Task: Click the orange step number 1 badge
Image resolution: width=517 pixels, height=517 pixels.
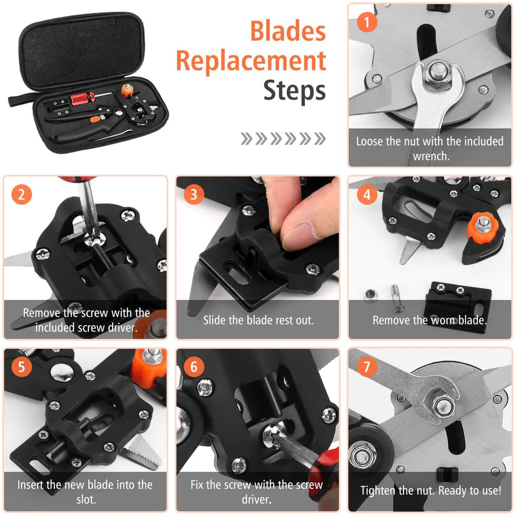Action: (x=367, y=23)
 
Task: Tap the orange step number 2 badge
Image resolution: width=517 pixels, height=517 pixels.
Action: (x=21, y=194)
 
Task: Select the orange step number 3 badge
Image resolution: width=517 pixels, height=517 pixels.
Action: (x=194, y=194)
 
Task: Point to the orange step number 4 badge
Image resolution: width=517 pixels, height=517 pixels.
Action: (x=367, y=195)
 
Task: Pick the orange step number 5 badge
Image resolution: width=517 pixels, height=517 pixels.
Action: (x=21, y=366)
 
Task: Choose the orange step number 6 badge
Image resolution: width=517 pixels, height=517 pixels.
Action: (x=194, y=367)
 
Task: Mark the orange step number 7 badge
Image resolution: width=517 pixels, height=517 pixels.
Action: (x=367, y=367)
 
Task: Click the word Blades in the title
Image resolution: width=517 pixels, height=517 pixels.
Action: (x=288, y=31)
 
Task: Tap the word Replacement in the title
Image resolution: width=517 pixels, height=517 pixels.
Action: (x=251, y=62)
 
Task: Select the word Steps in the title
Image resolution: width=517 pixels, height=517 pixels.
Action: (x=294, y=91)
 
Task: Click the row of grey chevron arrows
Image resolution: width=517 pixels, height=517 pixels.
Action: (x=283, y=138)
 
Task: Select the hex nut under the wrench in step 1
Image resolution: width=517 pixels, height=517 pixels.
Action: (x=435, y=74)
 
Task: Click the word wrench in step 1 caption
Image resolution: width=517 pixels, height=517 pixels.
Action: (x=431, y=156)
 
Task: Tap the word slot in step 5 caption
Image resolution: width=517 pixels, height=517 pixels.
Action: (x=85, y=500)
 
